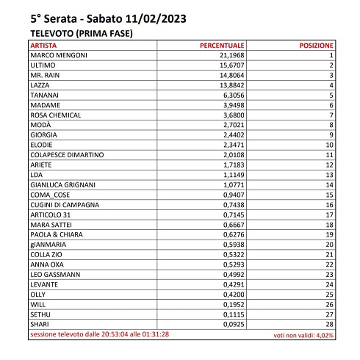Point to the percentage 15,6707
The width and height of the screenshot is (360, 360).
pos(231,65)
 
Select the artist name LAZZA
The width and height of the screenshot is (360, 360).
pos(40,85)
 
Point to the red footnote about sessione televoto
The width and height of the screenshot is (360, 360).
pos(99,334)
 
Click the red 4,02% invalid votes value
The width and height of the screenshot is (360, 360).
pos(324,334)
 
